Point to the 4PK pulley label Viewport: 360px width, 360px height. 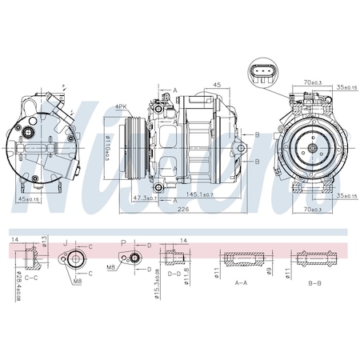[x=122, y=106]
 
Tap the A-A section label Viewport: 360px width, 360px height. [x=240, y=282]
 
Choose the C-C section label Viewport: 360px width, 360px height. [x=33, y=277]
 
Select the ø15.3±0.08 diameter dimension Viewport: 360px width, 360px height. [x=155, y=286]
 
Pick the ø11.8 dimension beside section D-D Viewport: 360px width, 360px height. [x=188, y=277]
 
